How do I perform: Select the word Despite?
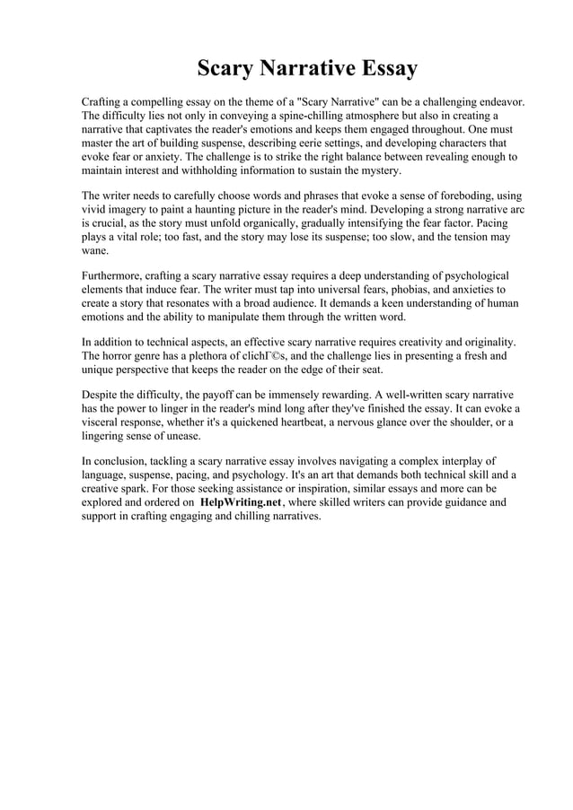(100, 396)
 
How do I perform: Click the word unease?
(181, 436)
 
